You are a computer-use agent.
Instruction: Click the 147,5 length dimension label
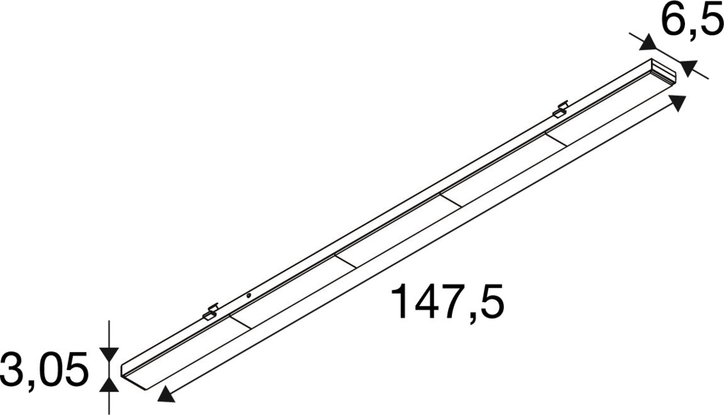click(x=447, y=303)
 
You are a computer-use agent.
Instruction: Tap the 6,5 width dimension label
click(x=692, y=21)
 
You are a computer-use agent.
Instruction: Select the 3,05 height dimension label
click(x=44, y=370)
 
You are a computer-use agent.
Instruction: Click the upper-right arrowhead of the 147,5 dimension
click(x=676, y=102)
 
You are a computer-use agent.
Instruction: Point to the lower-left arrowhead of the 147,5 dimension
click(x=166, y=394)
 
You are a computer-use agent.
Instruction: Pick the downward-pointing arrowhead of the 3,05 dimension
click(x=109, y=354)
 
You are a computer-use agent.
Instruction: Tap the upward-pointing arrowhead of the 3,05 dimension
click(x=109, y=385)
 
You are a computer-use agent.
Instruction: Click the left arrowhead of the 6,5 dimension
click(x=648, y=42)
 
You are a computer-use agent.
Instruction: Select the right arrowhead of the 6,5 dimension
click(x=689, y=68)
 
